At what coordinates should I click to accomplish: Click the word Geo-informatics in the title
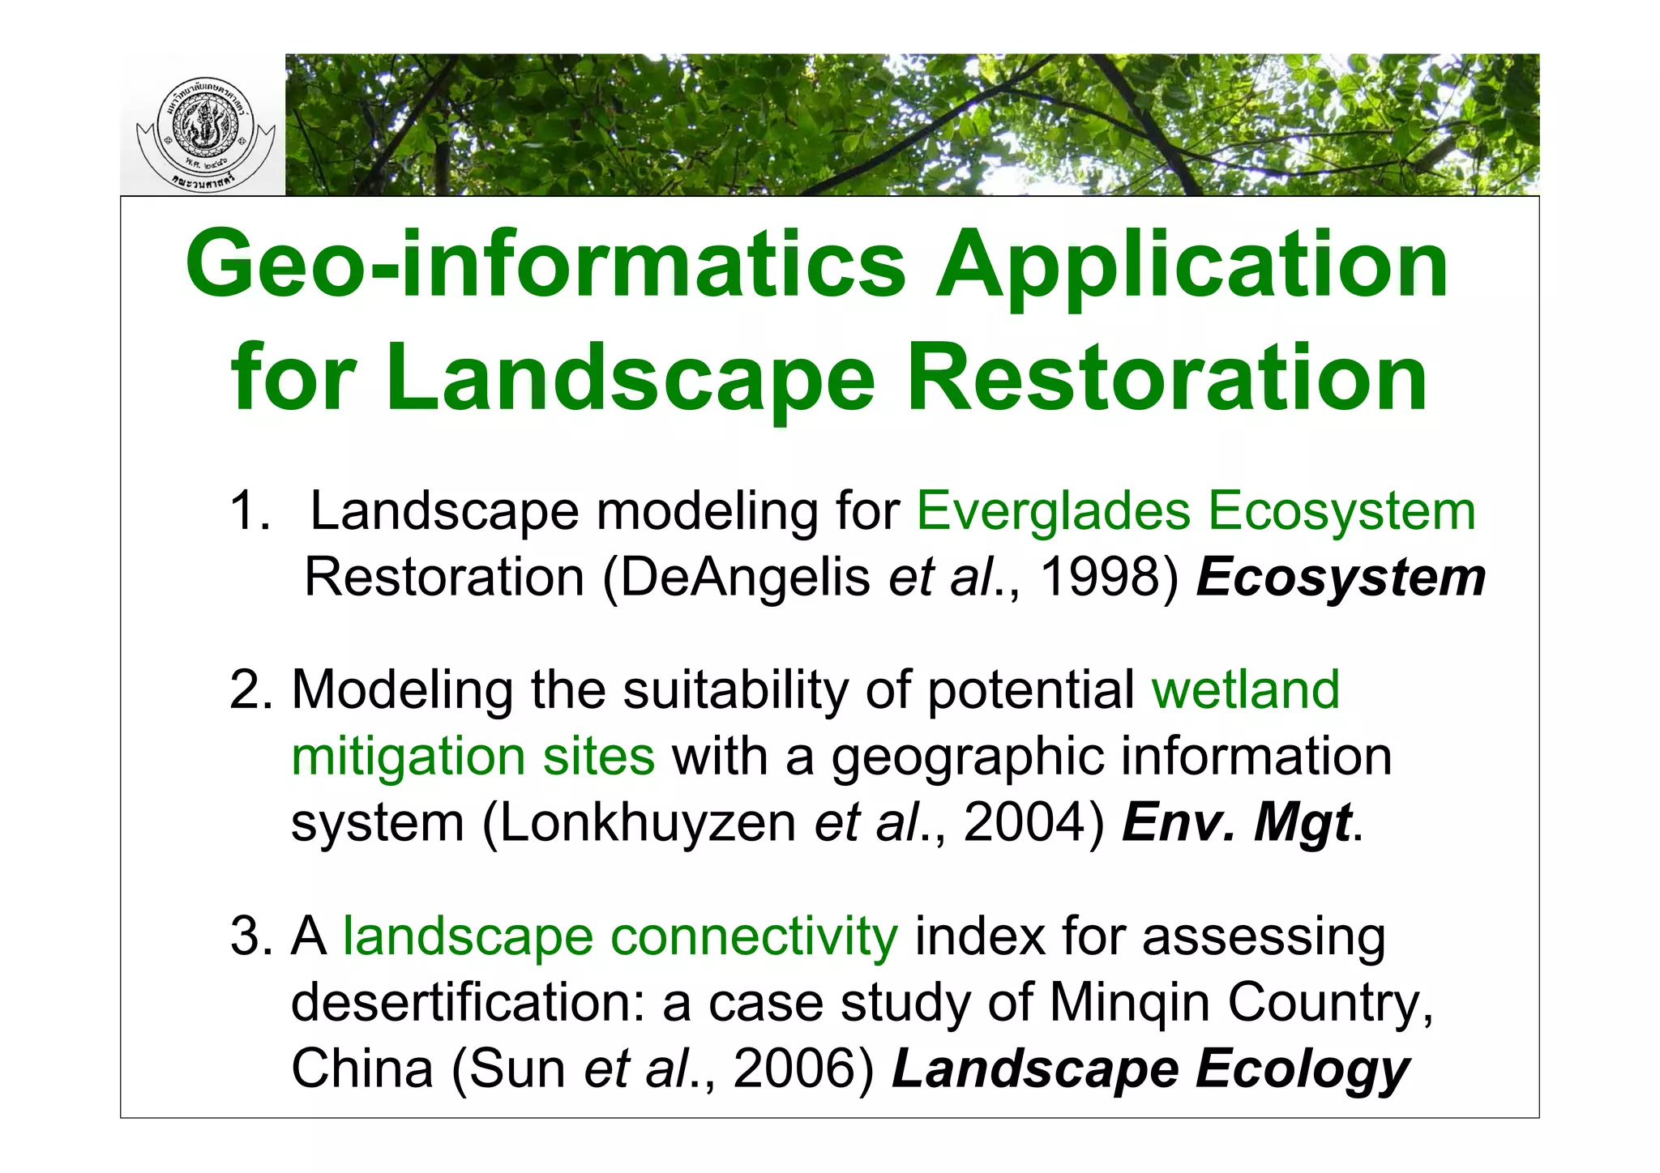tap(545, 265)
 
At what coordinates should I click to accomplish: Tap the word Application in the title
tap(1192, 265)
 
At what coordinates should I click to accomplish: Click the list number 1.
tap(248, 512)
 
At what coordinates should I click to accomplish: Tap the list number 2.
tap(249, 690)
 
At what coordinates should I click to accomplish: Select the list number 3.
tap(249, 936)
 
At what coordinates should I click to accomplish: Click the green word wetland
tap(1245, 690)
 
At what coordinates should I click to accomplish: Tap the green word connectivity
tap(754, 936)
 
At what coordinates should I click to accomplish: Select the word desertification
tap(468, 1003)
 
